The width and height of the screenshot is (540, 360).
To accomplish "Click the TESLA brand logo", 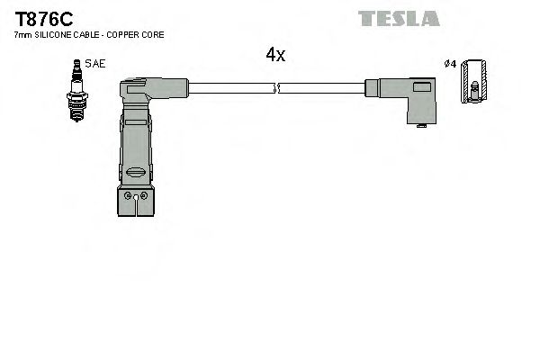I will pos(398,18).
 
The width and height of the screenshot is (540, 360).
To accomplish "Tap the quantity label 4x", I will pos(275,55).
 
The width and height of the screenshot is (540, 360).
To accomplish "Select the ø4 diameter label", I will pos(450,64).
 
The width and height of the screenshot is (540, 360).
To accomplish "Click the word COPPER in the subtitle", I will pos(122,34).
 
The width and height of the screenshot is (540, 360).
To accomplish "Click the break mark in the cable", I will pos(276,88).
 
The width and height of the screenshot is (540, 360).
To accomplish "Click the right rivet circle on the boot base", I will pos(142,195).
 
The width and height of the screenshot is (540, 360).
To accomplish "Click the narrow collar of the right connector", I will pos(371,88).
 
